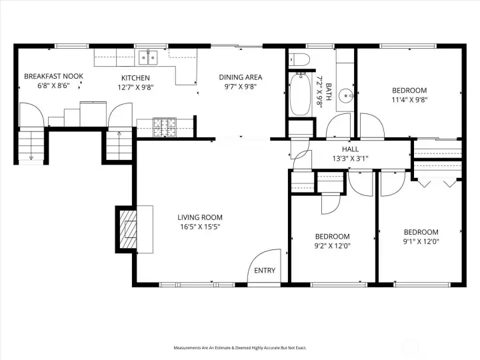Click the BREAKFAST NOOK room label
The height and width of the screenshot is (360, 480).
53,77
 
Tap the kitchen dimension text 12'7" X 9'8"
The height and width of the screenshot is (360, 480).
135,86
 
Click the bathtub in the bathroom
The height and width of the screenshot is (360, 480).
298,95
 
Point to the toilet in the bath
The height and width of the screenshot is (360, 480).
299,59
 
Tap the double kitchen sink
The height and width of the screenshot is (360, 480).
148,57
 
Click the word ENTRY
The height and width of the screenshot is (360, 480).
265,271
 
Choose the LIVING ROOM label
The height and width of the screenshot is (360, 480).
199,217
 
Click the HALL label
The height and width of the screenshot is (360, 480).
354,149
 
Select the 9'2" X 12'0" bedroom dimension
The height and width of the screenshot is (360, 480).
332,245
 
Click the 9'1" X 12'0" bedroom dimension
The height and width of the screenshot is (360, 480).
421,241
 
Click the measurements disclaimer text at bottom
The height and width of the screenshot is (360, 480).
240,348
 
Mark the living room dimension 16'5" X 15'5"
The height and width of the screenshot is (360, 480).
199,227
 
